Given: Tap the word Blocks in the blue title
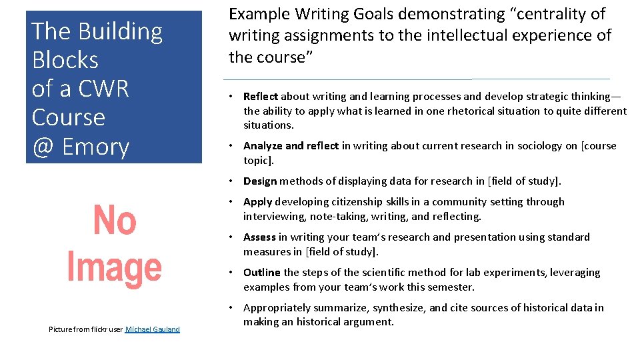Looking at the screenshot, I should click(65, 60).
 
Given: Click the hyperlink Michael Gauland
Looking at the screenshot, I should click(153, 329).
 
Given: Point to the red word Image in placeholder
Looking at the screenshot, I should click(114, 268).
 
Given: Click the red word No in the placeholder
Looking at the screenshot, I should click(114, 221).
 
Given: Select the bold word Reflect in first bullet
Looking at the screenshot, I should click(261, 97).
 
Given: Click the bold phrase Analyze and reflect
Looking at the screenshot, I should click(291, 146).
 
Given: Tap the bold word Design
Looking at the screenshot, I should click(260, 181).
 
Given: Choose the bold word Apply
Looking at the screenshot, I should click(257, 202).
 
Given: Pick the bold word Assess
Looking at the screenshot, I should click(260, 237).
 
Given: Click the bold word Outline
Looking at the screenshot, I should click(262, 273).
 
